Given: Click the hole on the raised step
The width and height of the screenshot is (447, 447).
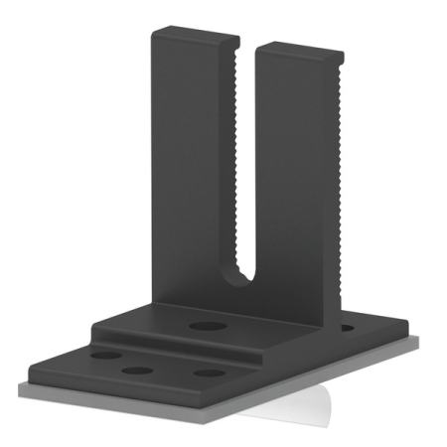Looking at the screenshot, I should pyautogui.click(x=206, y=326).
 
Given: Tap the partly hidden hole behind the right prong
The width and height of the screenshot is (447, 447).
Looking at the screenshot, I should pyautogui.click(x=346, y=326).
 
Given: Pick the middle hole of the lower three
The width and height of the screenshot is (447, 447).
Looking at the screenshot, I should pyautogui.click(x=138, y=371).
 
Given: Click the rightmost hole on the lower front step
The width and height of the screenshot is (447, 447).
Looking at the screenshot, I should pyautogui.click(x=209, y=373).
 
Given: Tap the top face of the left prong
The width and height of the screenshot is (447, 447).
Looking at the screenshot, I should pyautogui.click(x=196, y=38).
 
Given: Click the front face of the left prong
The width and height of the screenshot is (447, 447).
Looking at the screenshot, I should pyautogui.click(x=194, y=169).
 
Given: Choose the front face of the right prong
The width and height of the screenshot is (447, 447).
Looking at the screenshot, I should pyautogui.click(x=298, y=179).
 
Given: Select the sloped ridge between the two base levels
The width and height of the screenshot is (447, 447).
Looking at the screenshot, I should pyautogui.click(x=179, y=343).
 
